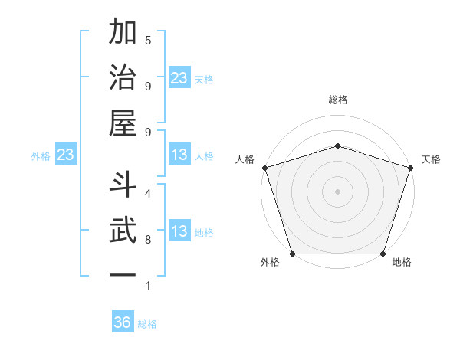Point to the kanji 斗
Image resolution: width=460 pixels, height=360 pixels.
(123, 185)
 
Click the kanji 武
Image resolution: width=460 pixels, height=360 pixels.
(123, 231)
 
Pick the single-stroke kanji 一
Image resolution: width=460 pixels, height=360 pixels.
(123, 274)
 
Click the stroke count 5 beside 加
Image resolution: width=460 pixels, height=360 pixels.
(148, 40)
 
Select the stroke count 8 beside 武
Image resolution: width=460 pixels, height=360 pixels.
(148, 239)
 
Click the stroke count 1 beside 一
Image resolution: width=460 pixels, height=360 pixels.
(148, 286)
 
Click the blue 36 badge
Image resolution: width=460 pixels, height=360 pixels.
(123, 322)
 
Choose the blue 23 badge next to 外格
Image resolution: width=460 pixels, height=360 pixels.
(65, 155)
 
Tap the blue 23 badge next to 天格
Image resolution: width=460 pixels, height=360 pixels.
(179, 78)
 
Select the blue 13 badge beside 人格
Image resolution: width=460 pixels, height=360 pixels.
(179, 155)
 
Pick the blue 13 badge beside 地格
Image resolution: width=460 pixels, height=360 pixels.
(179, 232)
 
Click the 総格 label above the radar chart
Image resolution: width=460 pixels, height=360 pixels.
(337, 100)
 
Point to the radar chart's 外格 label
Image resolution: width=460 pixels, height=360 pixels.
(270, 263)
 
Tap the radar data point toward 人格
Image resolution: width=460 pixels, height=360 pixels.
(264, 167)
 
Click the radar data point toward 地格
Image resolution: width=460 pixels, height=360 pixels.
(383, 254)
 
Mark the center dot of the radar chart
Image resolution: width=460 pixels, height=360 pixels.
(337, 191)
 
